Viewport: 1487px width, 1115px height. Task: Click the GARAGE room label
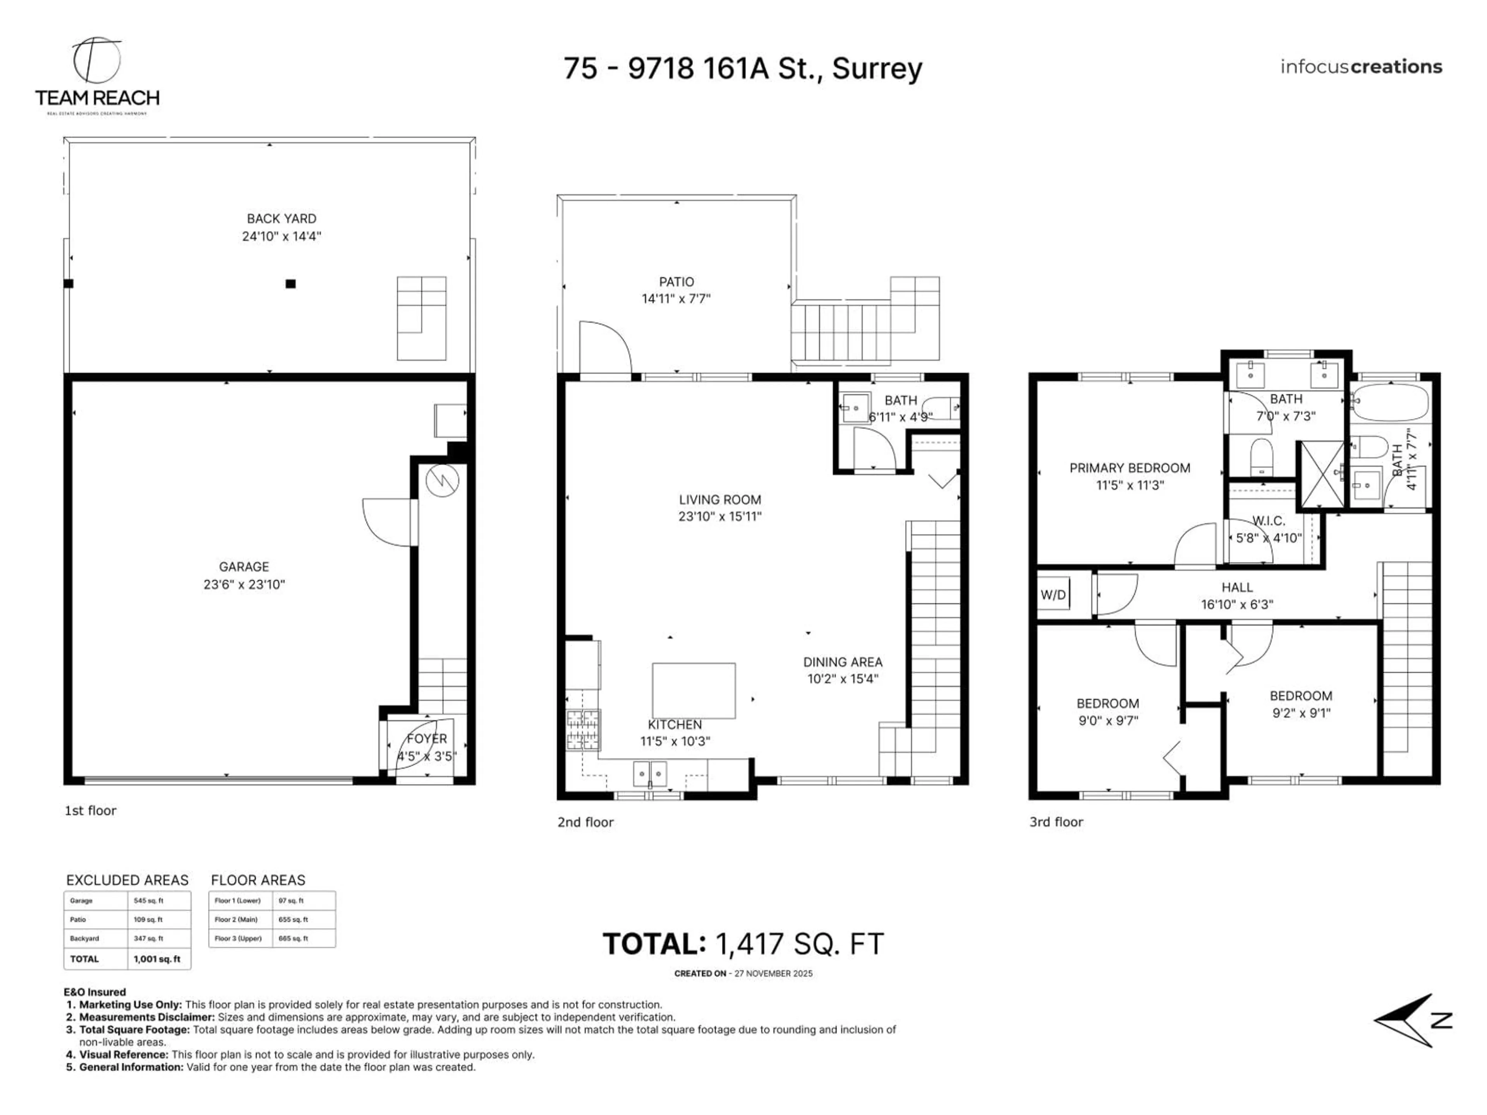(243, 566)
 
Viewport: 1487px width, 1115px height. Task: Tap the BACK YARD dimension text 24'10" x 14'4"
(281, 236)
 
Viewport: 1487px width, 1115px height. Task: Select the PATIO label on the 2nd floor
(676, 281)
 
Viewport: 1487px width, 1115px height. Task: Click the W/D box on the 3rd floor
(1053, 595)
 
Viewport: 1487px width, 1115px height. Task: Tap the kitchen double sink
(649, 774)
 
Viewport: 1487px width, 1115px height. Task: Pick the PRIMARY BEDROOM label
(1129, 468)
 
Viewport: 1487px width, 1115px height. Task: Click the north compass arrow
(1408, 1020)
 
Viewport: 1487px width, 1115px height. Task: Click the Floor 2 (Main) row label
(239, 919)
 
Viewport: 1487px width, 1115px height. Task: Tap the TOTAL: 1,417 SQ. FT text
(742, 944)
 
